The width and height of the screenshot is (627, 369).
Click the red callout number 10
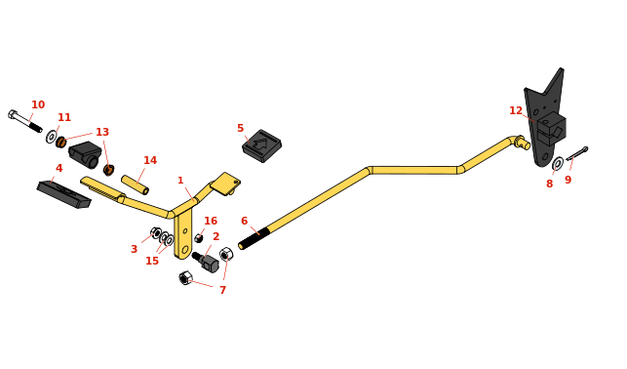click(38, 104)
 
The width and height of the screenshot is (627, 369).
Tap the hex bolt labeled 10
click(24, 121)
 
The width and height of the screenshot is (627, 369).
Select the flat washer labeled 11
click(51, 137)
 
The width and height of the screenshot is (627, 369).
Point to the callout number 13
click(102, 132)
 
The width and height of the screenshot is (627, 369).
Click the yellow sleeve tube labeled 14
click(136, 184)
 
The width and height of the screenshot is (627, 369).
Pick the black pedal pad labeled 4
click(64, 195)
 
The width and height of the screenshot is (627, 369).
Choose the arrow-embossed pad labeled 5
click(262, 145)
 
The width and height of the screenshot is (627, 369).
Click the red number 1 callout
click(180, 181)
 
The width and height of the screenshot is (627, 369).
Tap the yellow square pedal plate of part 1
click(225, 184)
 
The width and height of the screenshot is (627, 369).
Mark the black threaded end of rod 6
click(254, 238)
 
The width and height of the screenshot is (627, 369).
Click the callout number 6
click(245, 221)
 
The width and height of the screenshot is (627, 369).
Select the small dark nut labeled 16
click(198, 238)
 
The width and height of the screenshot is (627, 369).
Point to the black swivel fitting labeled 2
click(207, 262)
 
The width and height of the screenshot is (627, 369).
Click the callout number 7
click(222, 290)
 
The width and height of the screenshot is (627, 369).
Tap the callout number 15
click(152, 261)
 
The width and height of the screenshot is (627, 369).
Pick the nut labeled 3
click(156, 233)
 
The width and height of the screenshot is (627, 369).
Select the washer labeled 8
click(558, 164)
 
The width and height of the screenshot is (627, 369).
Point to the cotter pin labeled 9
click(577, 153)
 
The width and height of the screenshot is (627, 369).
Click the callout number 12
click(516, 111)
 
